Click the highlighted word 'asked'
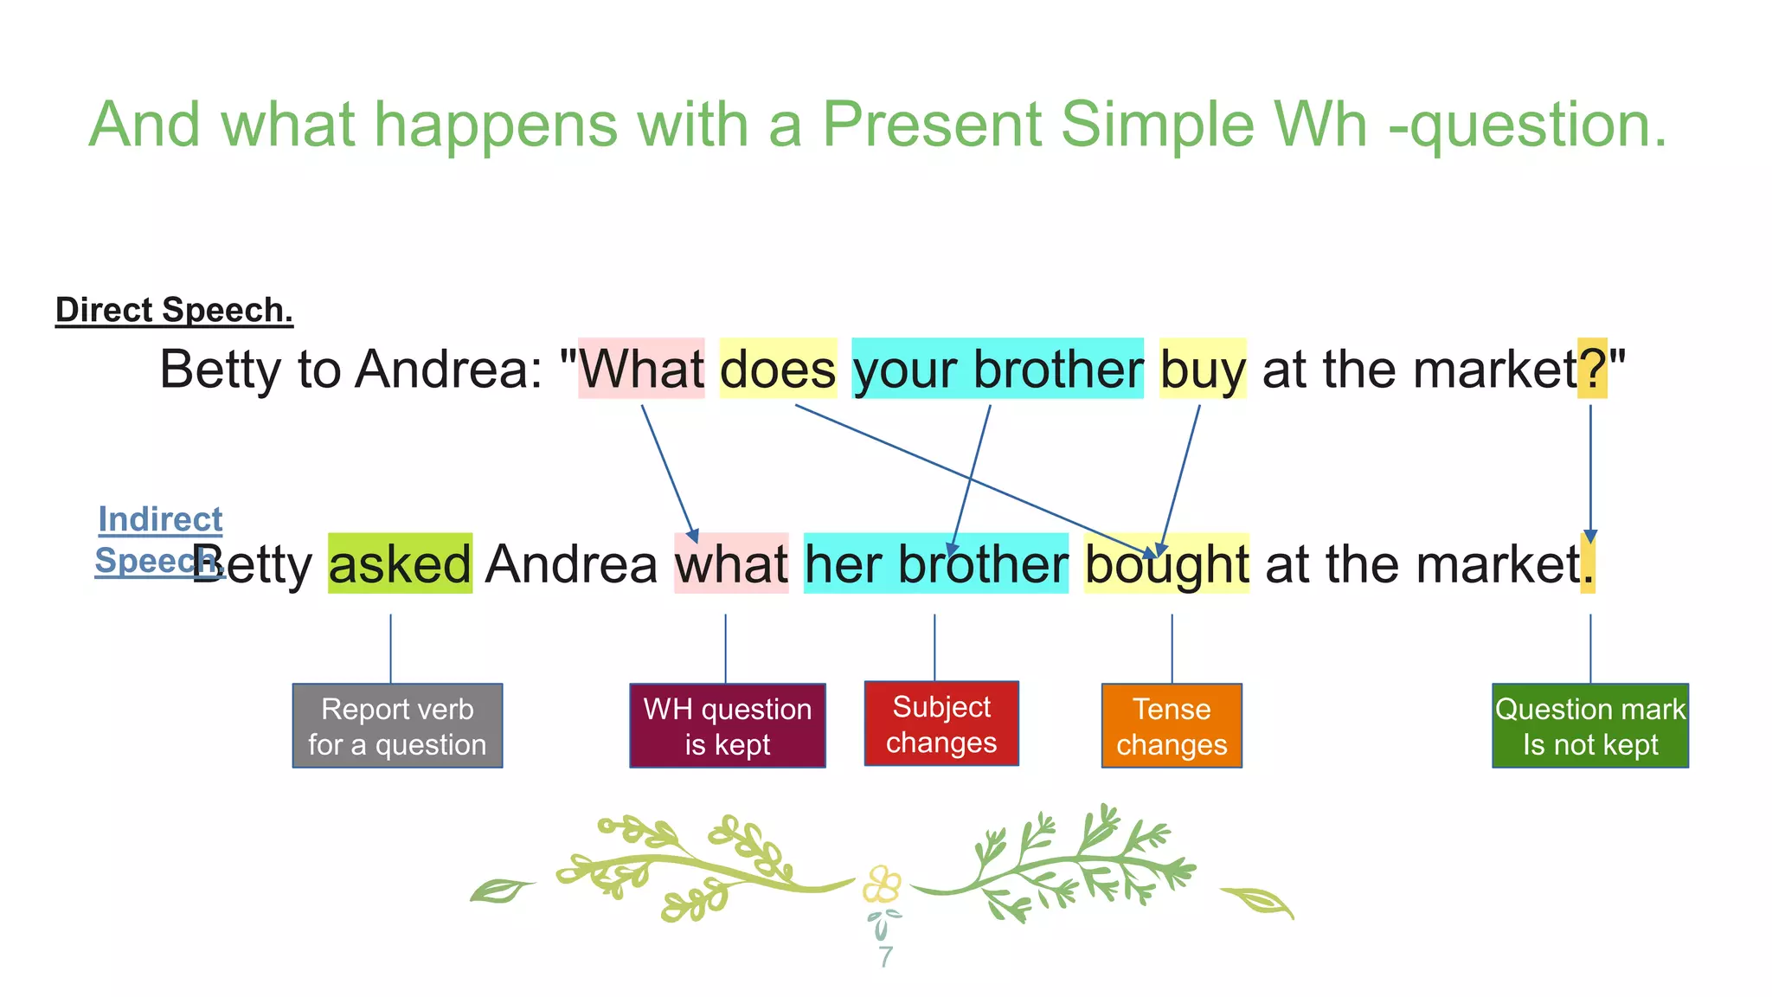(x=400, y=563)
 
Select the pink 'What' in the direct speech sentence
(x=641, y=369)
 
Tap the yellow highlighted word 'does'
(x=778, y=369)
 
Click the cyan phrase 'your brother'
(x=997, y=369)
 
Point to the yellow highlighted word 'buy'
(x=1202, y=369)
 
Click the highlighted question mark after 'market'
(x=1592, y=369)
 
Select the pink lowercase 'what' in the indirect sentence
(x=731, y=563)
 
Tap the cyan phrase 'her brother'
(x=935, y=563)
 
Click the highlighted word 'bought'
(x=1165, y=563)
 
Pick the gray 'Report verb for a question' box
(x=397, y=726)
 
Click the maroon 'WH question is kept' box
(x=727, y=726)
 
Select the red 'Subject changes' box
(x=941, y=724)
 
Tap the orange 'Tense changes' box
(x=1172, y=726)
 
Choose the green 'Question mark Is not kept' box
(x=1589, y=726)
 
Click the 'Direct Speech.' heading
(x=174, y=310)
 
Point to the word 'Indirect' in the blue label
(x=160, y=519)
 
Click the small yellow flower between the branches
(x=881, y=884)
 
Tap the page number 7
(x=884, y=956)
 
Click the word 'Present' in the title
(x=930, y=125)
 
